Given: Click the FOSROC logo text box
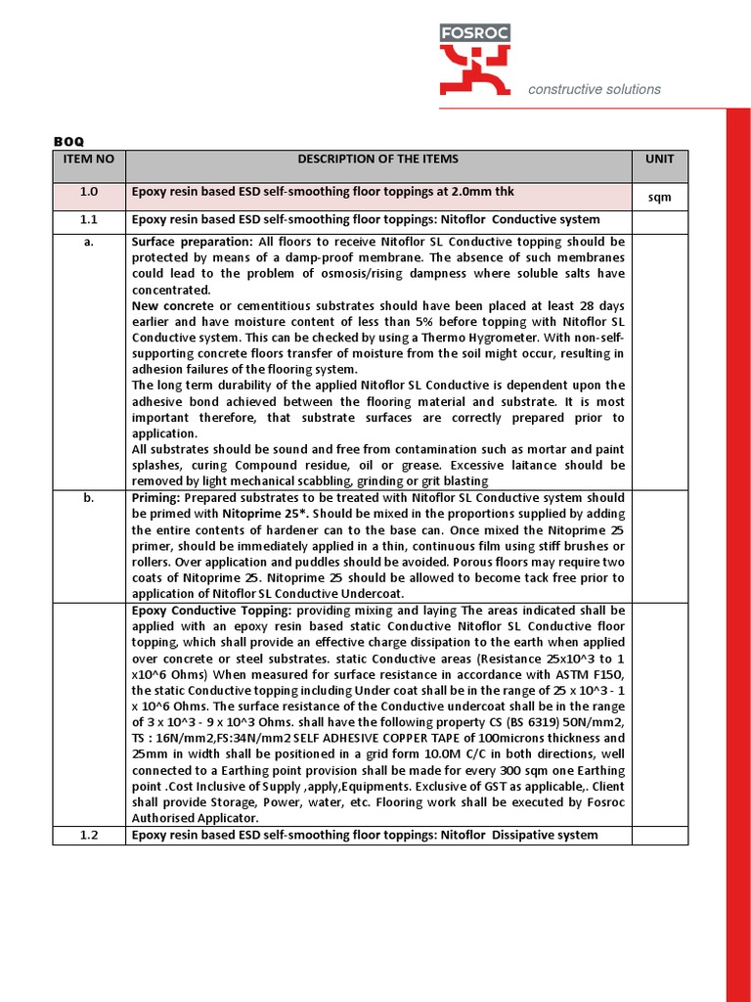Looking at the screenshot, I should pyautogui.click(x=474, y=33).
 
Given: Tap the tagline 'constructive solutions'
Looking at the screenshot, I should pyautogui.click(x=594, y=89).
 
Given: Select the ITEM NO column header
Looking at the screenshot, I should pyautogui.click(x=88, y=159).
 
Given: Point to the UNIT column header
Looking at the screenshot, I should pyautogui.click(x=659, y=159).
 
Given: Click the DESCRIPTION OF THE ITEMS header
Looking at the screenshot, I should pyautogui.click(x=377, y=159).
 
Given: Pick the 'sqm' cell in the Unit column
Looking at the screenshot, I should pyautogui.click(x=659, y=198).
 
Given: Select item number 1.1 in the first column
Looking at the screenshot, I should pyautogui.click(x=88, y=220).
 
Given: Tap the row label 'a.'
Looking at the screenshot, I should pyautogui.click(x=88, y=242).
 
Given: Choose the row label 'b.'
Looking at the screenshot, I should pyautogui.click(x=88, y=498).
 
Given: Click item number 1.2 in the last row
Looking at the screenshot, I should pyautogui.click(x=88, y=835).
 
